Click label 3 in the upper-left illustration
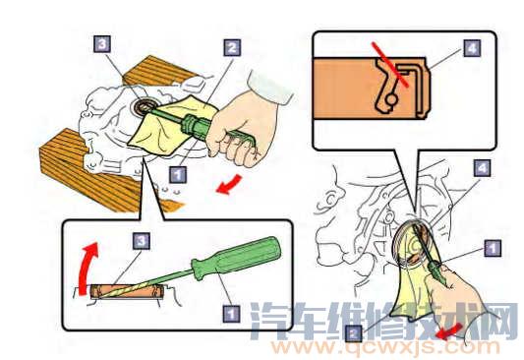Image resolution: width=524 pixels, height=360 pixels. point(101,44)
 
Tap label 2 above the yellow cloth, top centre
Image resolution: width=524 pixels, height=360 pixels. point(232,47)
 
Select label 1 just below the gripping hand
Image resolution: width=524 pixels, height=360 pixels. point(177,174)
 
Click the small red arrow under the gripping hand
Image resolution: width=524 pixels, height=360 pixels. point(229,184)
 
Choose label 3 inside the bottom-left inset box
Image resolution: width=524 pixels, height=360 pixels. point(141,240)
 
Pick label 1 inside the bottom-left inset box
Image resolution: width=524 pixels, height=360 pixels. point(231,314)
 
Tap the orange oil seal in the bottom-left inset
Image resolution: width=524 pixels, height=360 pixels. point(127,291)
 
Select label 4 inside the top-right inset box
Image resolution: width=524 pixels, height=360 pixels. point(472,48)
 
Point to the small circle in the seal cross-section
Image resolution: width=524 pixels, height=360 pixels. point(391,99)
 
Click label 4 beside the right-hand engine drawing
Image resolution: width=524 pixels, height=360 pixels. point(482,168)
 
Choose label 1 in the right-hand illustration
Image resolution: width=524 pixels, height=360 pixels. point(493,248)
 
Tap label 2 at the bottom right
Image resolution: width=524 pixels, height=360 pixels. point(354,332)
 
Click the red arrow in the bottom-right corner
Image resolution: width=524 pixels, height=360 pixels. point(449,331)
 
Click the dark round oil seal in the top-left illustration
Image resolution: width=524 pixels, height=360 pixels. point(142,107)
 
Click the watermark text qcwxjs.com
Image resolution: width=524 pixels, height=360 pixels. point(385,348)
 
